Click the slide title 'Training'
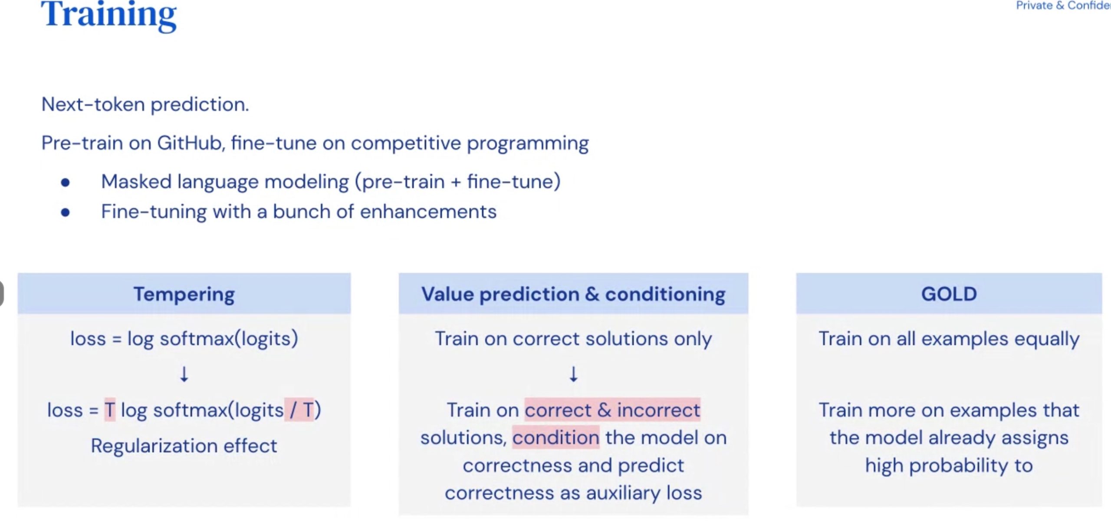click(109, 15)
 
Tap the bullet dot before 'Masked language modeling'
click(66, 182)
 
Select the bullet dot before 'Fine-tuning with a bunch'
click(66, 212)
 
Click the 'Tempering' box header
click(184, 294)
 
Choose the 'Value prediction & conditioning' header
click(573, 294)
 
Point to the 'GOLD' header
click(949, 294)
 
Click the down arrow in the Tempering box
click(184, 374)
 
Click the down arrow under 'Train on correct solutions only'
click(573, 374)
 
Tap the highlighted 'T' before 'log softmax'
click(110, 410)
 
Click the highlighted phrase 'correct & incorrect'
click(612, 410)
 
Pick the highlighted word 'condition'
click(556, 437)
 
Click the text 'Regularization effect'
click(184, 446)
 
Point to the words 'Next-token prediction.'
click(145, 104)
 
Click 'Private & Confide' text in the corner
click(1063, 6)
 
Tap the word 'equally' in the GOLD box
click(1044, 339)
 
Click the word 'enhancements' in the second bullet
click(428, 212)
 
